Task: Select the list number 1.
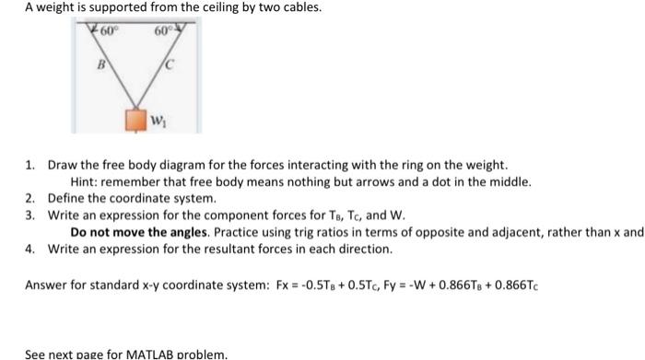(x=29, y=165)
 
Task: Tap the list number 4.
(x=29, y=249)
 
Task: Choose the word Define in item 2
(x=66, y=198)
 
